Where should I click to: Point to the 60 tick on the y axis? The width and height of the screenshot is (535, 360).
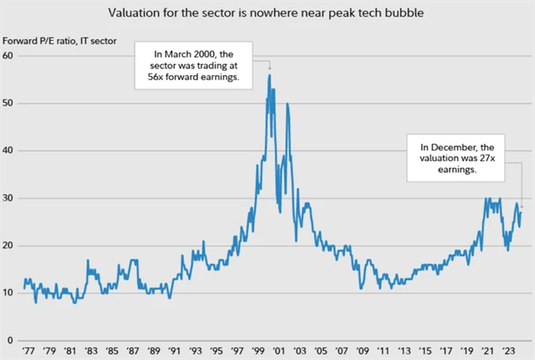click(10, 55)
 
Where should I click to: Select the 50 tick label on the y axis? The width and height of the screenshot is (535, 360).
click(10, 103)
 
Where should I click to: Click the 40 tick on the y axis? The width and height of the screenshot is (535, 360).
click(10, 150)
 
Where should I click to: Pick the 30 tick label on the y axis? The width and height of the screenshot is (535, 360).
click(10, 198)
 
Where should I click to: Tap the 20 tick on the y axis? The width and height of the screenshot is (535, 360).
click(10, 246)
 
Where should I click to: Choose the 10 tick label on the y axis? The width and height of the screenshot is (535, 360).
click(10, 293)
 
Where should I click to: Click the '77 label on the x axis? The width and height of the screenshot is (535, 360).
click(28, 352)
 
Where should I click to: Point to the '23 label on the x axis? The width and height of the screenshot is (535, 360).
click(507, 352)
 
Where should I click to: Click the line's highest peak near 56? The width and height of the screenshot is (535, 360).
click(269, 75)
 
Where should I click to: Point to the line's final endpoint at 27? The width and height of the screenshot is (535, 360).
click(522, 211)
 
